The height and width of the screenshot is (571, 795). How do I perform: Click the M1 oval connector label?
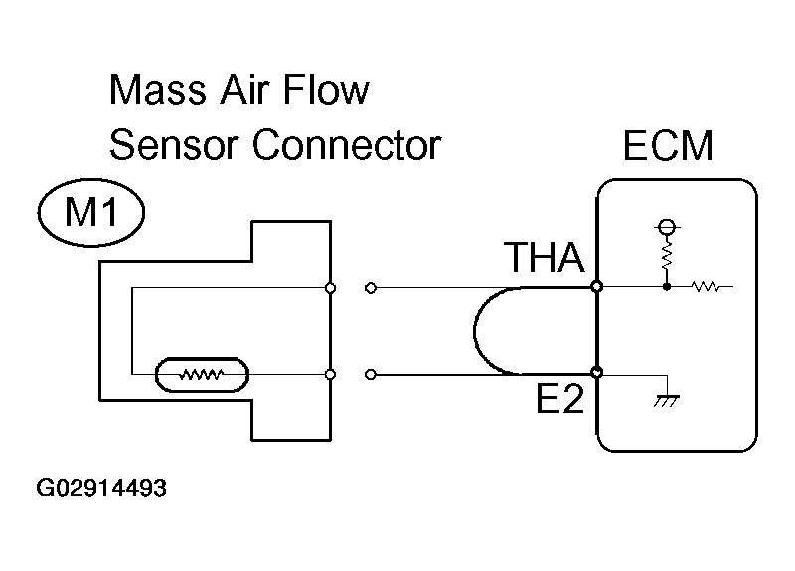point(90,214)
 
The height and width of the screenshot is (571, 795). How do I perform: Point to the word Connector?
point(345,145)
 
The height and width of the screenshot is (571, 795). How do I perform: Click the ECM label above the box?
point(668,146)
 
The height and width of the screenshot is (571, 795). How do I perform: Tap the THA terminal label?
point(543,260)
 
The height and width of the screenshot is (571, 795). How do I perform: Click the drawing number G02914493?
point(100,489)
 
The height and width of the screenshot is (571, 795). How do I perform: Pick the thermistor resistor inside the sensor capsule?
point(202,376)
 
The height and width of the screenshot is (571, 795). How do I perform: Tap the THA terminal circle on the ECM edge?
point(596,288)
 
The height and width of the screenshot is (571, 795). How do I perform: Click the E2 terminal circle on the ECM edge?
point(596,374)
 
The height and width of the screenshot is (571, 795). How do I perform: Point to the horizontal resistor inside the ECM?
point(705,288)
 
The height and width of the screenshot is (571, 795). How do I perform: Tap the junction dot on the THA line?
point(666,288)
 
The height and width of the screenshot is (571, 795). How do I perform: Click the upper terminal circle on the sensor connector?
point(330,289)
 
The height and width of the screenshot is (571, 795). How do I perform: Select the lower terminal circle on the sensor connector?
point(330,375)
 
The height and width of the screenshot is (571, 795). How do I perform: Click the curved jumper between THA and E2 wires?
point(477,332)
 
